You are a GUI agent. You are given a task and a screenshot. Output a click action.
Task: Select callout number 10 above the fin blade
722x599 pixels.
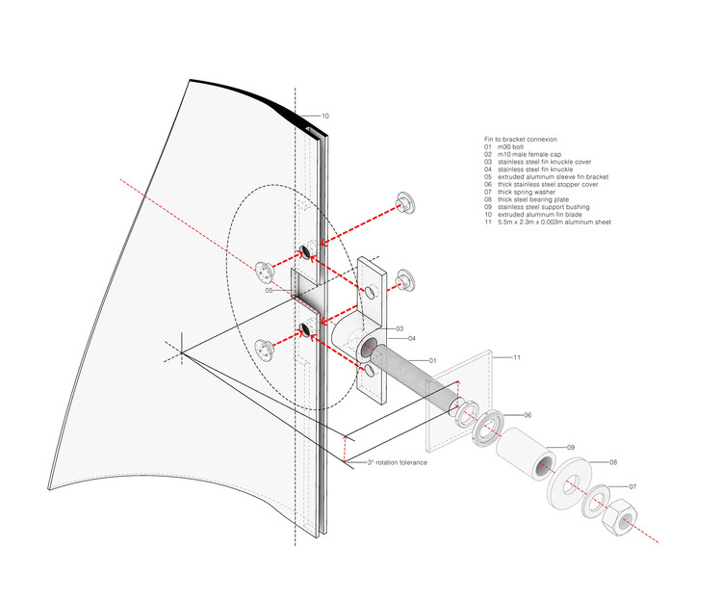(324, 117)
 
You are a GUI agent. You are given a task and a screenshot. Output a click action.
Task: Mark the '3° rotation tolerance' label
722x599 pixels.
(397, 463)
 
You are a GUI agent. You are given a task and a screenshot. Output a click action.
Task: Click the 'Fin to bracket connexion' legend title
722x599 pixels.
(521, 140)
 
